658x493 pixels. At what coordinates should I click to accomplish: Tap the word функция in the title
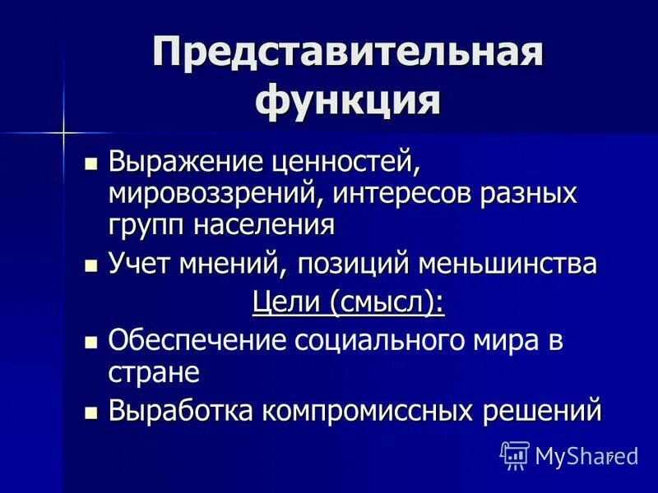click(347, 102)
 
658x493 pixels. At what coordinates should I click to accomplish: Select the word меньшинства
click(508, 265)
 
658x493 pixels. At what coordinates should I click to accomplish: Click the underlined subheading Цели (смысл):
click(347, 303)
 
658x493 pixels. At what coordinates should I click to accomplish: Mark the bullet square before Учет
click(92, 265)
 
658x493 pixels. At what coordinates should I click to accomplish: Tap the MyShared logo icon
click(515, 454)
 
